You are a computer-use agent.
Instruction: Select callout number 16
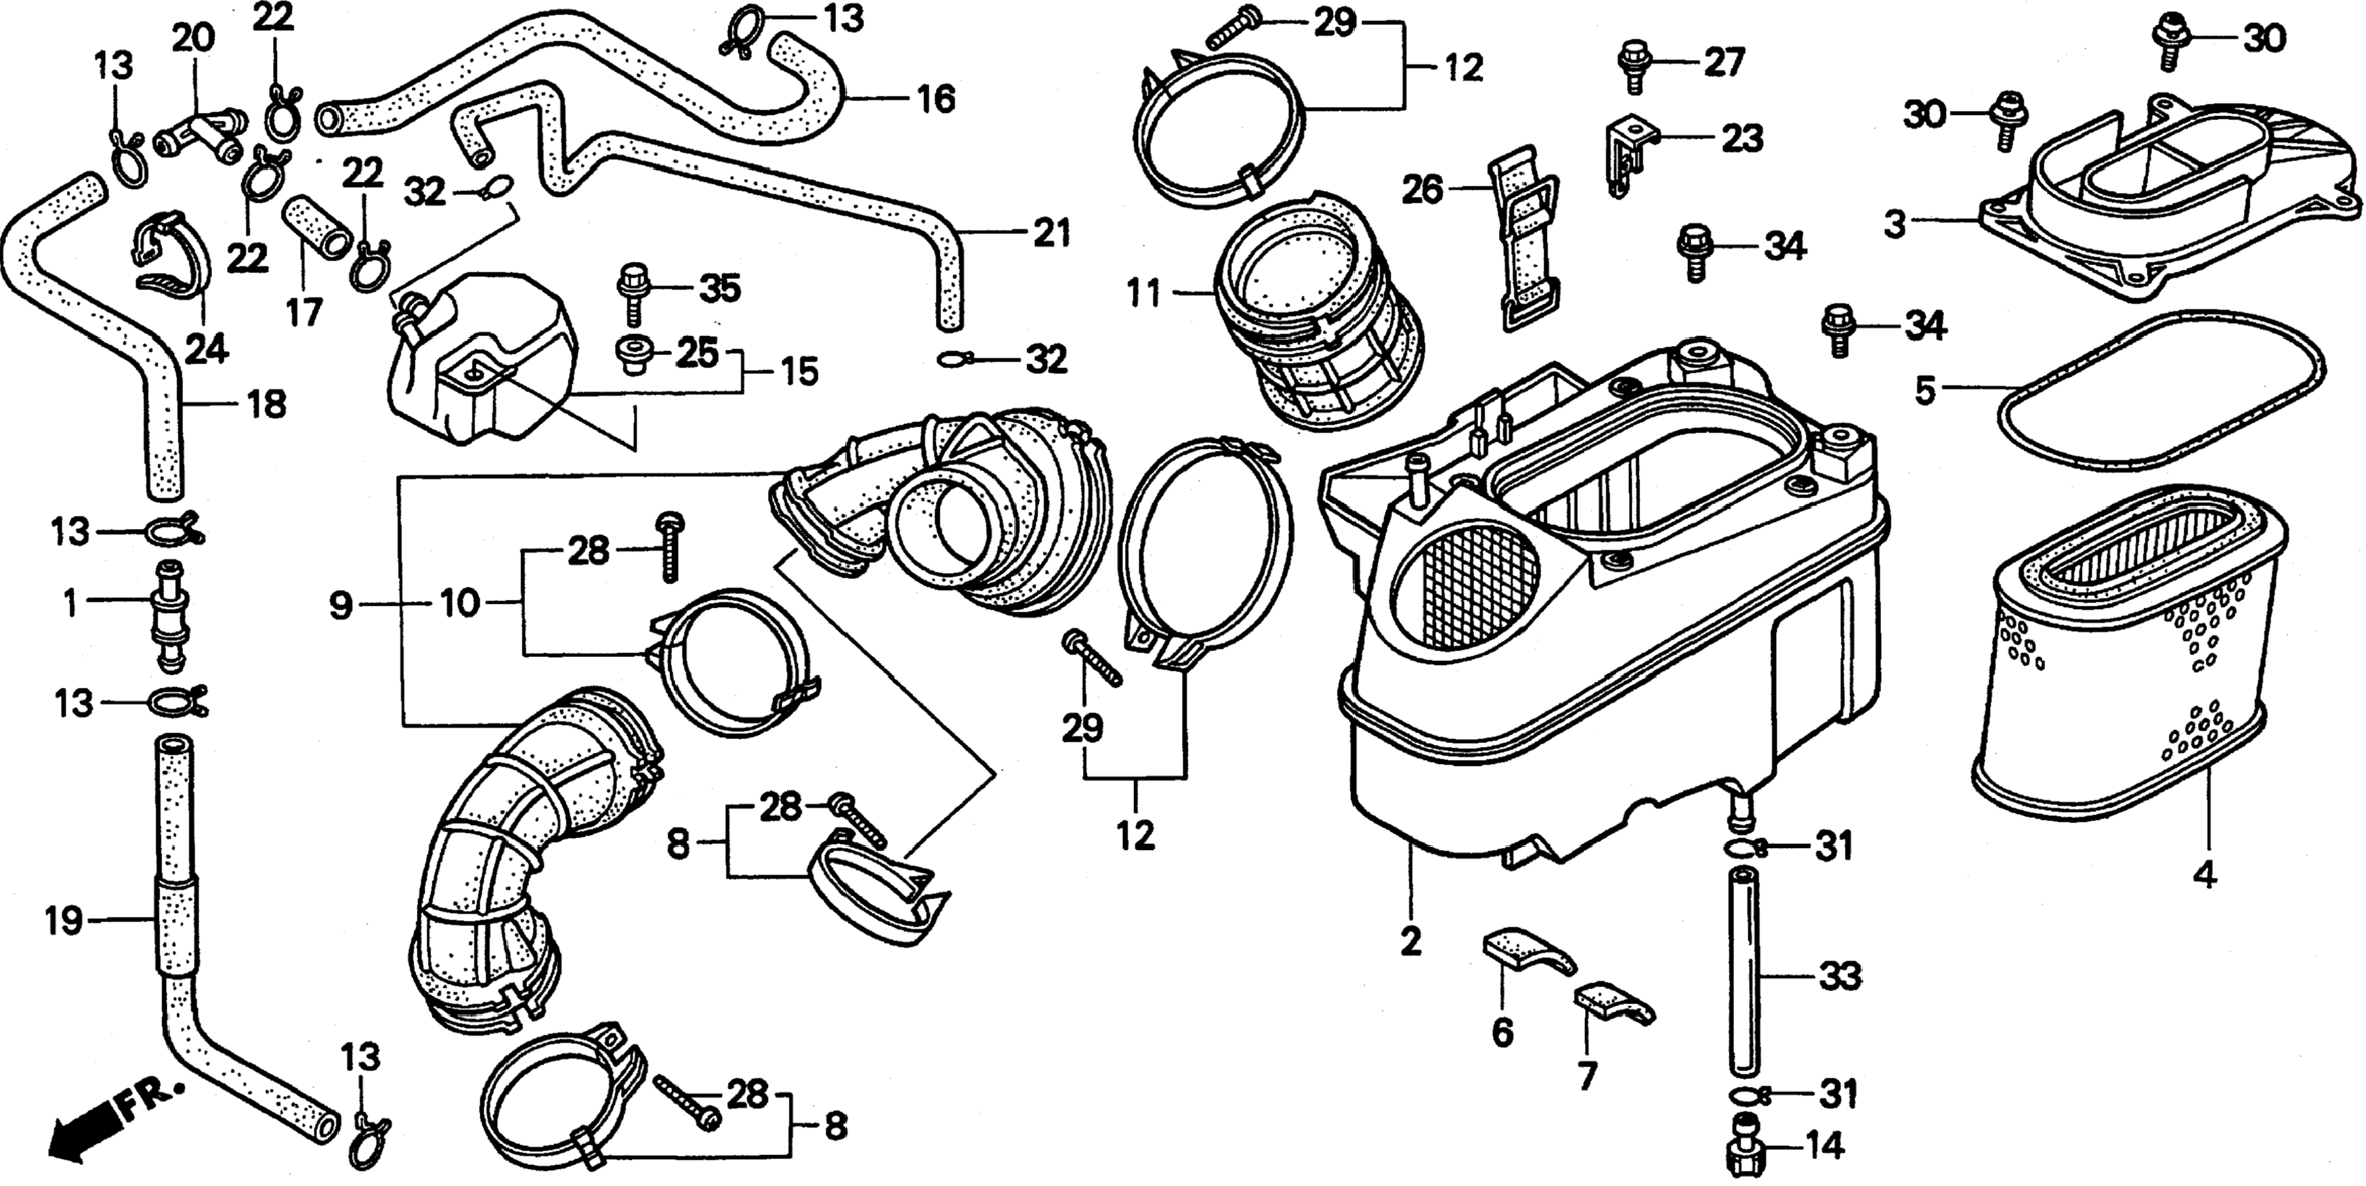click(936, 98)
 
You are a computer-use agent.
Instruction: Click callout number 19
click(64, 920)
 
